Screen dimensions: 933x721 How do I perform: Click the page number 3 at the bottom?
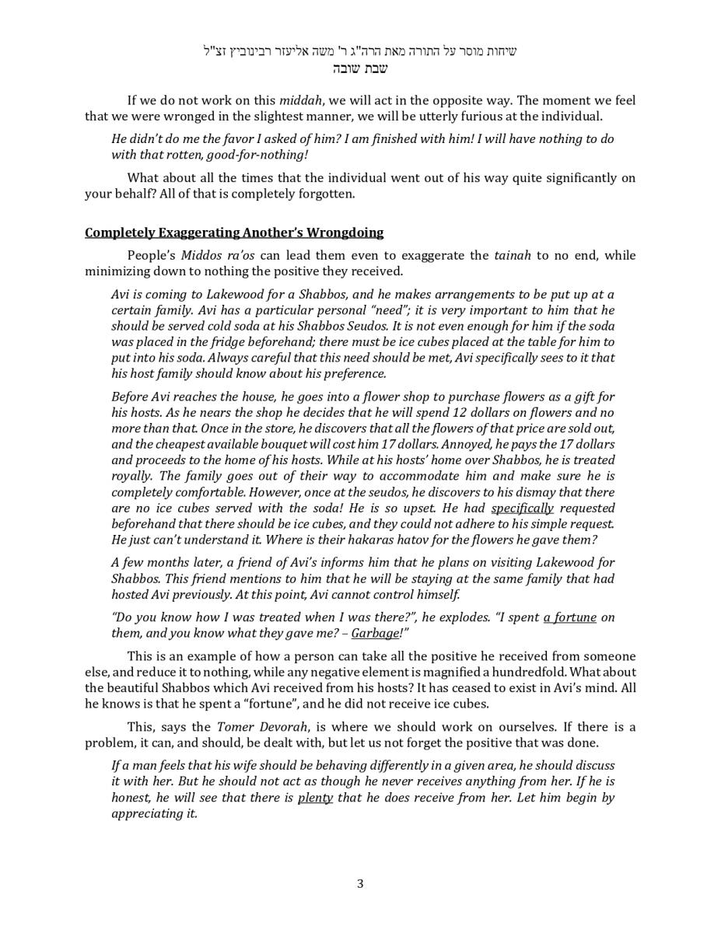360,883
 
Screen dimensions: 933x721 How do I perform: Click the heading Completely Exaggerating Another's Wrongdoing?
234,232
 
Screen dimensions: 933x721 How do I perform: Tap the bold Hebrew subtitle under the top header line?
360,68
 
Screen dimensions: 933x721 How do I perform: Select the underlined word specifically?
522,508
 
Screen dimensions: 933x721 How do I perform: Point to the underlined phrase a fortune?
569,617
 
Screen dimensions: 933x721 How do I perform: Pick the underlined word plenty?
315,798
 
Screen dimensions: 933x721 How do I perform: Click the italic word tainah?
513,256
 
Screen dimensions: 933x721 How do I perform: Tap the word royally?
132,477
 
